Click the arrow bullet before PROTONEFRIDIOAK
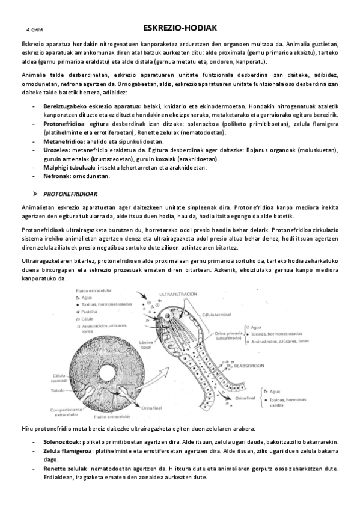[35, 195]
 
